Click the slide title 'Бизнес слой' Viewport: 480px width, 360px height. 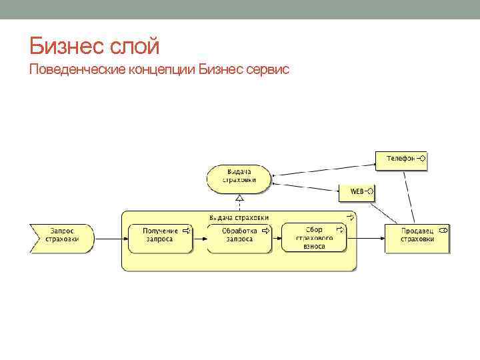(95, 47)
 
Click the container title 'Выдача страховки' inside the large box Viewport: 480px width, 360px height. (239, 217)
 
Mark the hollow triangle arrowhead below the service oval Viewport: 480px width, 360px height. (239, 198)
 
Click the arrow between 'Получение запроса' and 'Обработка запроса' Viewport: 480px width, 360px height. (199, 236)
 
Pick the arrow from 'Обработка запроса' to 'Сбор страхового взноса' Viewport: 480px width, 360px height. (276, 236)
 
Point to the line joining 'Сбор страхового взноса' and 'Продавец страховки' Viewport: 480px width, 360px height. (366, 236)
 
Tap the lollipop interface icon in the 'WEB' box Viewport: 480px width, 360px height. (369, 192)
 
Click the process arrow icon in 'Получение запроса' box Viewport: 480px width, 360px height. (186, 231)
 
